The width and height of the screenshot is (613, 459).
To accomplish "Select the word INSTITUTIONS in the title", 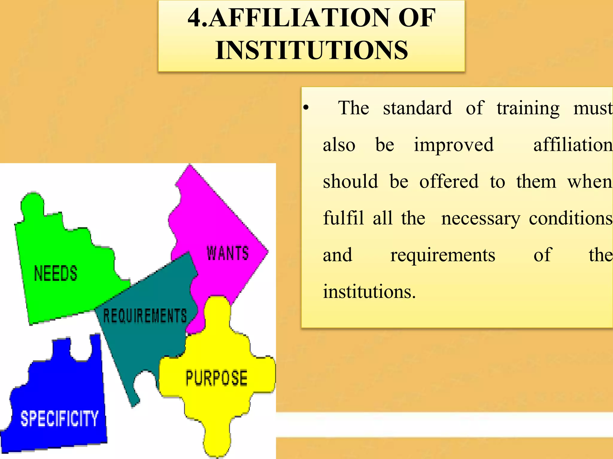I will tap(312, 50).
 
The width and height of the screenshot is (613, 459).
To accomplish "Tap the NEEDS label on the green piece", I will tap(56, 273).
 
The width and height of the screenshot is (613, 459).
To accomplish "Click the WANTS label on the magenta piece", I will tap(228, 253).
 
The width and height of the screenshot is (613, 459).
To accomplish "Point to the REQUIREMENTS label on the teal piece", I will tap(145, 316).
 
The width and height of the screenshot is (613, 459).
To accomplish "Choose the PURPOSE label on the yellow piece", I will tap(216, 378).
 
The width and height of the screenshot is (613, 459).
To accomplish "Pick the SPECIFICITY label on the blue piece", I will tap(59, 418).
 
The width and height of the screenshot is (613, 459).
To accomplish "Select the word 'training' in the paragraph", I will tap(528, 108).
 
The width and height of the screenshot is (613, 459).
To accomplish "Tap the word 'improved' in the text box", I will tap(453, 145).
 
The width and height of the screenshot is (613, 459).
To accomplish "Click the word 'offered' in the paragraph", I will tap(449, 181).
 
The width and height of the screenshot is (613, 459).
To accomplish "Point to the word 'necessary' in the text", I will tap(481, 218).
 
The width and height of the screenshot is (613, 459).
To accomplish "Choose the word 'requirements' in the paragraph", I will tap(443, 255).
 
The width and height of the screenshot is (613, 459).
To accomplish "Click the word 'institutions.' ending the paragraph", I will tap(369, 292).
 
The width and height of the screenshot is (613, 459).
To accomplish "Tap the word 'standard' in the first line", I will tap(417, 108).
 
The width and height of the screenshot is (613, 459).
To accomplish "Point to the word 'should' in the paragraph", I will tap(350, 181).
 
